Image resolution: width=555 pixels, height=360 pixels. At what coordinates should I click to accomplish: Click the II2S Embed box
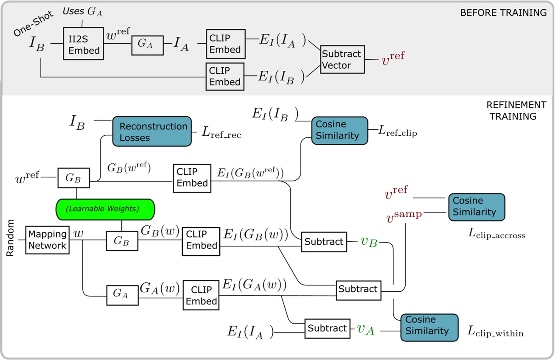point(84,43)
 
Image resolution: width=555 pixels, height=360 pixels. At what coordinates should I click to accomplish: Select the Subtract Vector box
point(342,59)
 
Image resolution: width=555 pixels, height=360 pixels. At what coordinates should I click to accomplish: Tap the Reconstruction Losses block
point(152,131)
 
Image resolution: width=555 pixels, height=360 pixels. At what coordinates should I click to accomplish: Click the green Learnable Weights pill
point(105,209)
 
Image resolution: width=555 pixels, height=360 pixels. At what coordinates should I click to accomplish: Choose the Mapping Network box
point(48,240)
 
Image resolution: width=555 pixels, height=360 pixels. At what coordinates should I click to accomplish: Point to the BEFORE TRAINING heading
point(503,13)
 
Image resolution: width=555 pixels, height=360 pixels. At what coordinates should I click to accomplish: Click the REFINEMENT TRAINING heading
point(516,111)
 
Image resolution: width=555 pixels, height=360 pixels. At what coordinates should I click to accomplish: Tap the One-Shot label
point(33,24)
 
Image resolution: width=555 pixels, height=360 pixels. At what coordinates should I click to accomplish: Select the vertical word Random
point(10,238)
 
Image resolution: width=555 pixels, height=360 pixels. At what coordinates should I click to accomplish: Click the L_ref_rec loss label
point(221,132)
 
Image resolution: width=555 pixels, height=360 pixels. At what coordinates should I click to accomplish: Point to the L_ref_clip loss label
point(398,131)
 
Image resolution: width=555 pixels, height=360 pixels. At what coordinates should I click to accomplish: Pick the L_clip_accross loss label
point(496,234)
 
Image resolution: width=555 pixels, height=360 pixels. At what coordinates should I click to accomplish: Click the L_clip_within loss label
point(496,331)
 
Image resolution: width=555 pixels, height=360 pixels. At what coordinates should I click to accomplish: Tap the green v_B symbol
point(369,242)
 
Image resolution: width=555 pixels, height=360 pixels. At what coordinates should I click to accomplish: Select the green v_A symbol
point(366,330)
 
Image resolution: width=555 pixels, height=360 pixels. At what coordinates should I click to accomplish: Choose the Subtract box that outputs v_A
point(327,329)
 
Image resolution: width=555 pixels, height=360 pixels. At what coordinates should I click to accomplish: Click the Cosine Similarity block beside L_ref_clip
point(340,131)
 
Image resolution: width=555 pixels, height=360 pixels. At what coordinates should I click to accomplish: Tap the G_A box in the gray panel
point(147,45)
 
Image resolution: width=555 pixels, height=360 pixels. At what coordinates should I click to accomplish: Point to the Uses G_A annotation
point(82,11)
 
